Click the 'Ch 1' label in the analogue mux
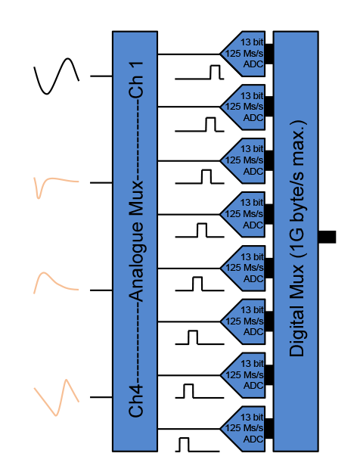136,79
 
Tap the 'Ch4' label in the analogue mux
136,401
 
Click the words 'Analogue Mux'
136,241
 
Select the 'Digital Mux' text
296,311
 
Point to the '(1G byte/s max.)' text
297,189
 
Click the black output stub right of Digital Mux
327,237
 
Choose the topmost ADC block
243,54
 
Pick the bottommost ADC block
243,429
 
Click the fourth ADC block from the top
243,214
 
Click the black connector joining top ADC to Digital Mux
269,54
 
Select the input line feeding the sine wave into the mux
101,76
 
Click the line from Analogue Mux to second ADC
189,107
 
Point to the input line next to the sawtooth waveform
101,397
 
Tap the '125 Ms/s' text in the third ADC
244,160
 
